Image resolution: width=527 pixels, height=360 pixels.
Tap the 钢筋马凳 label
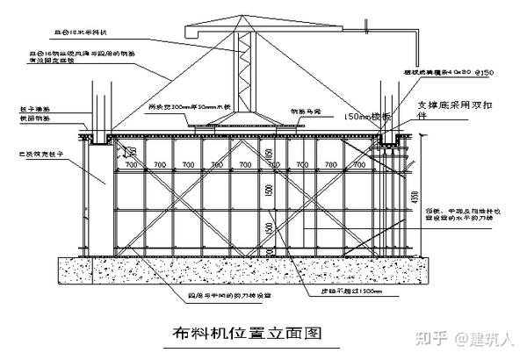coord(307,112)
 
